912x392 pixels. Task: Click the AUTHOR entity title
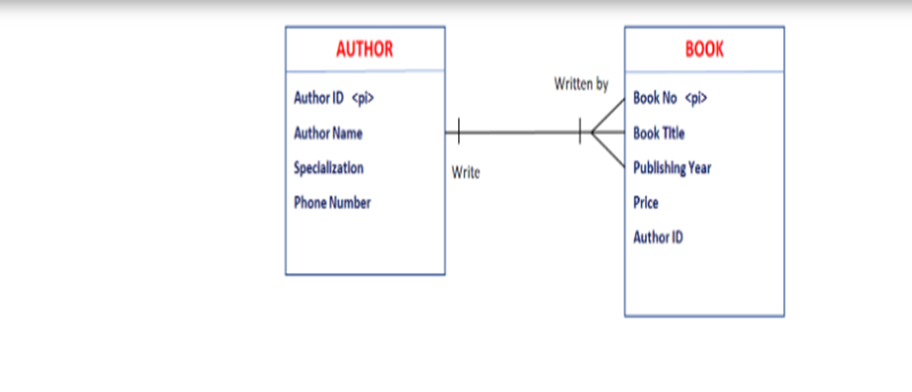pos(364,49)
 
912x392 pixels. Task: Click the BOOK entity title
pos(704,49)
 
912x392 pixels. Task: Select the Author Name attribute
pos(327,133)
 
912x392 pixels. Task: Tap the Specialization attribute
pos(328,167)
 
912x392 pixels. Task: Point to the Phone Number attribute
pos(332,202)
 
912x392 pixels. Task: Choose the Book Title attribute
pos(659,133)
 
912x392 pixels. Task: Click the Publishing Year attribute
pos(672,167)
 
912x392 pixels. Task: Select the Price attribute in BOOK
pos(646,202)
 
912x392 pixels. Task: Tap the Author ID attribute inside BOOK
pos(658,237)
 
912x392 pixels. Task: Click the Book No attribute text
pos(655,97)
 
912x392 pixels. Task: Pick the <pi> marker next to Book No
pos(695,97)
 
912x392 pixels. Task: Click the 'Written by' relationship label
pos(581,85)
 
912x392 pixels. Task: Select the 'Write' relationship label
pos(465,173)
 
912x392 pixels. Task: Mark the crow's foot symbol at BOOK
pos(606,132)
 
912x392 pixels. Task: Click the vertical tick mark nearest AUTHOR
pos(458,132)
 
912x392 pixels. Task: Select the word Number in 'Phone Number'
pos(350,202)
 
